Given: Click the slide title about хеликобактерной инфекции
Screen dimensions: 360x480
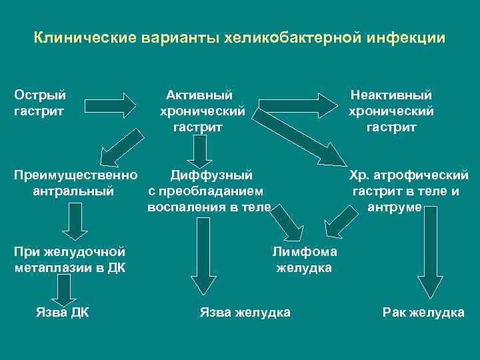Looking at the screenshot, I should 240,37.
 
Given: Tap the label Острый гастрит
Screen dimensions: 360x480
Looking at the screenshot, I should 40,103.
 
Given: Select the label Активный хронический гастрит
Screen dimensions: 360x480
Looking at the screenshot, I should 199,111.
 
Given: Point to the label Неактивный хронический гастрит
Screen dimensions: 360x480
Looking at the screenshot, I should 391,111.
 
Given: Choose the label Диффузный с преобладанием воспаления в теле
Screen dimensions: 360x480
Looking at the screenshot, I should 209,191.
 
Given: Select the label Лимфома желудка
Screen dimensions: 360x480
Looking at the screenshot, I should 304,260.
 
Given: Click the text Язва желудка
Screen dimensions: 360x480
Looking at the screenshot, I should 245,312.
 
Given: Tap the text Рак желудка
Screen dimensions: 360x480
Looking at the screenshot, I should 423,312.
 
